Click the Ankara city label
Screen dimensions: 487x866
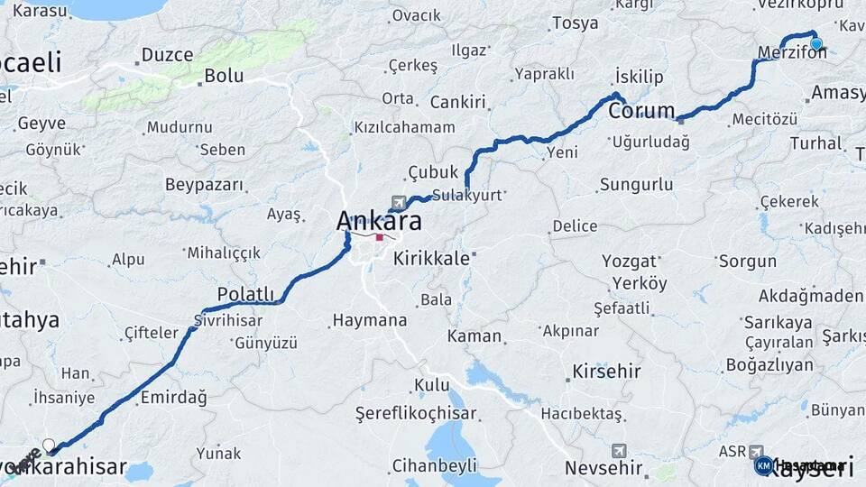pos(379,220)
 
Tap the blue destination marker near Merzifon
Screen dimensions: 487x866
pos(815,43)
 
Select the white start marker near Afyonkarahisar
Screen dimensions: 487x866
pos(49,445)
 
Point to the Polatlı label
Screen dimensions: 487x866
pos(245,294)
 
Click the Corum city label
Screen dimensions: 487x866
pos(641,111)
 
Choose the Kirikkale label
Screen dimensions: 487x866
pos(431,258)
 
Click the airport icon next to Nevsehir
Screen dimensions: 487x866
pos(618,450)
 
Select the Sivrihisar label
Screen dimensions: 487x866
pos(227,319)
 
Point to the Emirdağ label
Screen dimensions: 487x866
pos(174,397)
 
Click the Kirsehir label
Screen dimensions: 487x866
pos(606,371)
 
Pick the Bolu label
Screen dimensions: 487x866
pos(224,76)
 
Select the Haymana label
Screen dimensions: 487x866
pos(369,319)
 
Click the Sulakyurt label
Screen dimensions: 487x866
pos(466,194)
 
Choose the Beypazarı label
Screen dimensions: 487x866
pos(204,184)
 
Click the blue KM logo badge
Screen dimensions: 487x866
pos(763,465)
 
